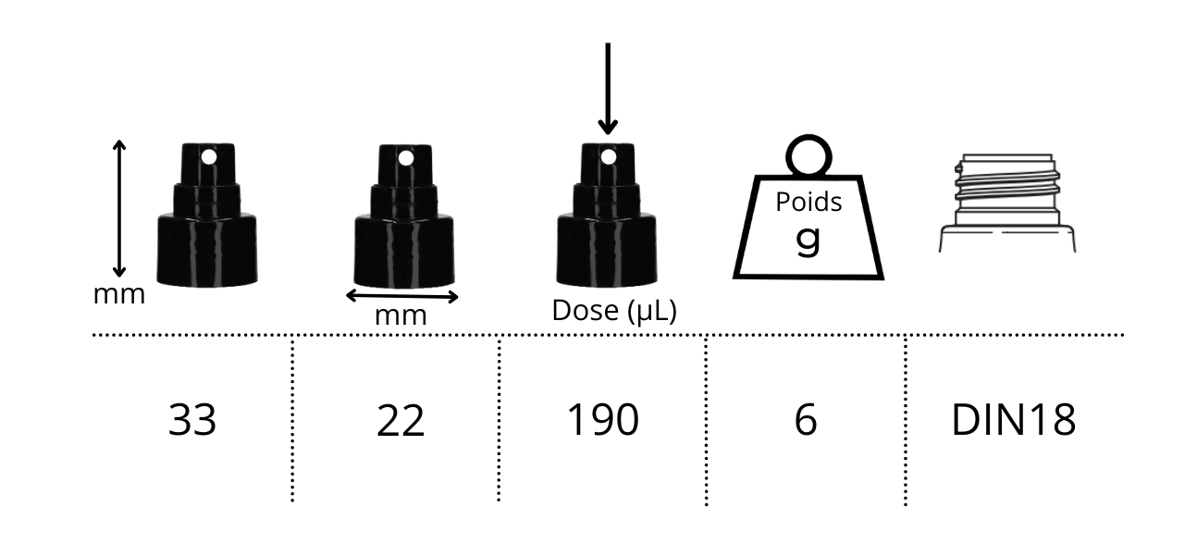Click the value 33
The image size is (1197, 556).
tap(192, 420)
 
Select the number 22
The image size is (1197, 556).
tap(401, 422)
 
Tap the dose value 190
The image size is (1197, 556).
tap(602, 420)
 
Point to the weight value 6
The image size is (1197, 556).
tap(806, 420)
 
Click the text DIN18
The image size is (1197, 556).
tap(1013, 420)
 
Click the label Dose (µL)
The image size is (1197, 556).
tap(614, 311)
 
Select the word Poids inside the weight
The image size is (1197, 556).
tap(808, 202)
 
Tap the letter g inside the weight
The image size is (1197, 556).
tap(808, 239)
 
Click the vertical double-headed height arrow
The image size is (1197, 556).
tap(118, 208)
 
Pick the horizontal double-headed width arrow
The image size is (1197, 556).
tap(401, 296)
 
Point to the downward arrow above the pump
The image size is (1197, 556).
tap(607, 88)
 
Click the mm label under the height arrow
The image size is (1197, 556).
tap(119, 295)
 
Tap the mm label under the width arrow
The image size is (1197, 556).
tap(401, 315)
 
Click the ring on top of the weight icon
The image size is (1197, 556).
tap(808, 154)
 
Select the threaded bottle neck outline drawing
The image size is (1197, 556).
tap(1006, 204)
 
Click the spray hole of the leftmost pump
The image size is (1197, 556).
tap(209, 157)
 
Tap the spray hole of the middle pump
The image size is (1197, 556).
tap(406, 158)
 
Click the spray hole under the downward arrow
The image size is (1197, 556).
tap(608, 157)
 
